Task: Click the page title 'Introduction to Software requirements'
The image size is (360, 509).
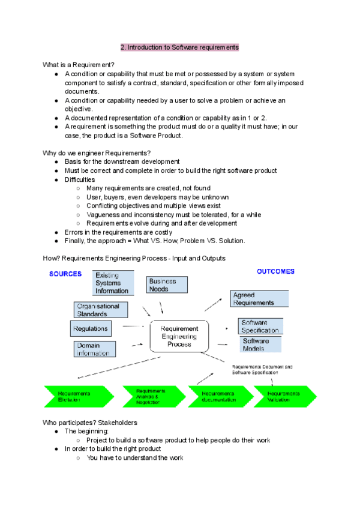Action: click(179, 47)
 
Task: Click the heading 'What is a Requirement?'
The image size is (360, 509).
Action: click(79, 65)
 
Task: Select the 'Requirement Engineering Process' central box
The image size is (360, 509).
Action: click(179, 336)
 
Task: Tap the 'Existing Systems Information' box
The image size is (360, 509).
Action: click(112, 283)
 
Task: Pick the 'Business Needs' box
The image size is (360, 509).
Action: click(167, 285)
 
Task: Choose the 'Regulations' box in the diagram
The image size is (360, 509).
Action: click(91, 329)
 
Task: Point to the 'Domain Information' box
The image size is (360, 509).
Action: click(95, 349)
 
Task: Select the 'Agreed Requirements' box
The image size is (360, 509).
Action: click(259, 298)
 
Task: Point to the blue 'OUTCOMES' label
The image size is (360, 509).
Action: click(275, 271)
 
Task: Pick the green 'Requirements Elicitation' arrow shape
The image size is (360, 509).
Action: click(76, 396)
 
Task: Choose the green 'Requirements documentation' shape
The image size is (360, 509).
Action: click(218, 396)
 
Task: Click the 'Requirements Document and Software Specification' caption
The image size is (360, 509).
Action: click(262, 368)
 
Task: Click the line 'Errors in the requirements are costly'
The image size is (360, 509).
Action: click(118, 232)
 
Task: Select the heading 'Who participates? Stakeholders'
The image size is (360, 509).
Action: click(90, 423)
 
